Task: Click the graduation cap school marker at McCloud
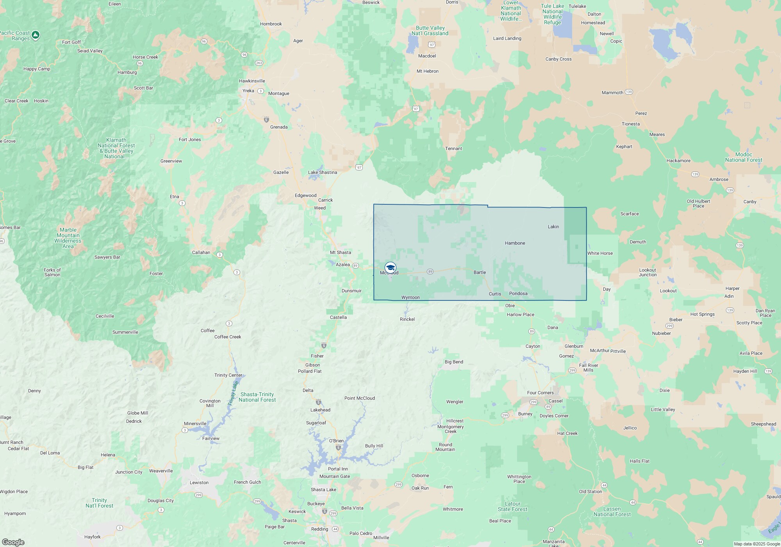[390, 268]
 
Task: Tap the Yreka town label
[248, 91]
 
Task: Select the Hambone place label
[515, 243]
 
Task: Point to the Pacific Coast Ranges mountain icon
[36, 35]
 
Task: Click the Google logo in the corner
[13, 542]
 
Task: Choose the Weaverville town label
[161, 471]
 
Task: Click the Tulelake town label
[577, 6]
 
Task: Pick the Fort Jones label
[190, 139]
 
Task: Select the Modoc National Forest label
[744, 157]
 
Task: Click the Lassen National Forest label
[612, 511]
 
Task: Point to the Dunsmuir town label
[351, 291]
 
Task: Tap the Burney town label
[525, 414]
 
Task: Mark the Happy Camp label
[37, 69]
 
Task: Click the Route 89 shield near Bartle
[430, 272]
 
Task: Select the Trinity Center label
[228, 375]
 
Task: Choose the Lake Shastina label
[323, 172]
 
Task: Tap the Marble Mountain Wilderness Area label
[68, 238]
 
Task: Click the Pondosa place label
[518, 293]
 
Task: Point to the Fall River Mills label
[588, 368]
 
